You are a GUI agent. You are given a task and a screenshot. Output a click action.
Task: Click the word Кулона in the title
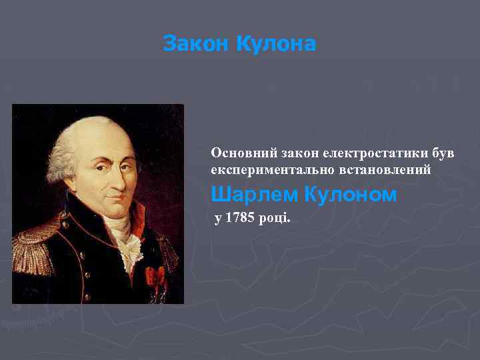coord(275,45)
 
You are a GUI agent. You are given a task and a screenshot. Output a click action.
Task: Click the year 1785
coord(239,219)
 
